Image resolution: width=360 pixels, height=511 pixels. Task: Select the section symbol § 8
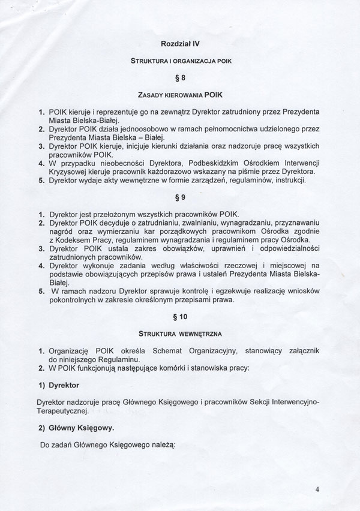click(180, 77)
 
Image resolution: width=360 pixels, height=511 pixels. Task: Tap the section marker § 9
click(180, 197)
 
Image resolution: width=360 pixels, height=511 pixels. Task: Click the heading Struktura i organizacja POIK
click(180, 61)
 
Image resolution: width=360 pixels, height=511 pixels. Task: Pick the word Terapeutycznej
click(63, 411)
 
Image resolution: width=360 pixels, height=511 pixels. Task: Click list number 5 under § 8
click(41, 180)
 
